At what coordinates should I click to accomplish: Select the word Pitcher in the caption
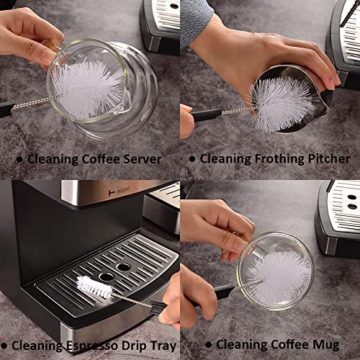point(328,158)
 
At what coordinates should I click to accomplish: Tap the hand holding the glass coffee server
point(29,32)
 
